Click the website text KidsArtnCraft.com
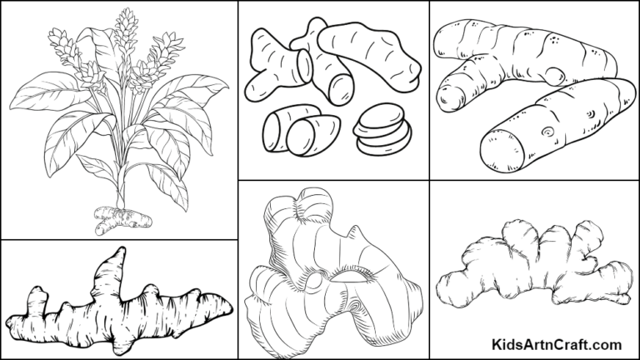click(557, 343)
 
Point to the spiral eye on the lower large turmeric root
click(547, 132)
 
